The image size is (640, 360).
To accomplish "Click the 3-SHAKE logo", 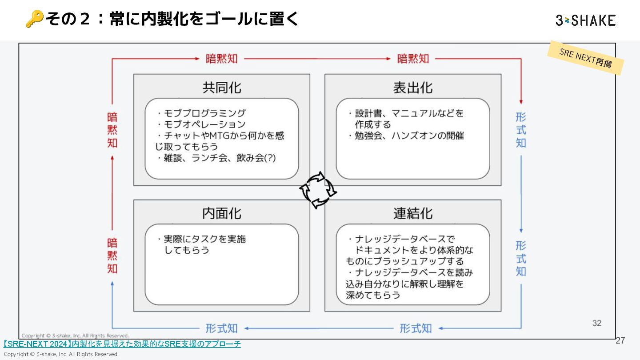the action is (585, 20).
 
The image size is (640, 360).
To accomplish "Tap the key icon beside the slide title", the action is (34, 19).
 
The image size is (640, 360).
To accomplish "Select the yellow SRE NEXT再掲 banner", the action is (585, 58).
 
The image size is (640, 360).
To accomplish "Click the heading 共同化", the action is (222, 88).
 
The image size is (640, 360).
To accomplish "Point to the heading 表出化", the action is (412, 88).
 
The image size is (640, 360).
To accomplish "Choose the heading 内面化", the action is (222, 213).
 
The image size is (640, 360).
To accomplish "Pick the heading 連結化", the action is (412, 213).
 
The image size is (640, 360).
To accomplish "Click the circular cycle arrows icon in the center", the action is (318, 190).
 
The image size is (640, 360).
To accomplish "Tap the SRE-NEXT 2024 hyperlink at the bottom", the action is (122, 344).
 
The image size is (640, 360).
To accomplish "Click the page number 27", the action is (620, 341).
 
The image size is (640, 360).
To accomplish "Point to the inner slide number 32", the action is (597, 323).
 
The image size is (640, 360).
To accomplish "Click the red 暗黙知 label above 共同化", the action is (222, 59).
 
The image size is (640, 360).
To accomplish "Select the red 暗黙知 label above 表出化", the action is (413, 59).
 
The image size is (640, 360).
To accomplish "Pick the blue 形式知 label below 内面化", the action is (222, 328).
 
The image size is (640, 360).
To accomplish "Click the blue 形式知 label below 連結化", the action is (416, 328).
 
